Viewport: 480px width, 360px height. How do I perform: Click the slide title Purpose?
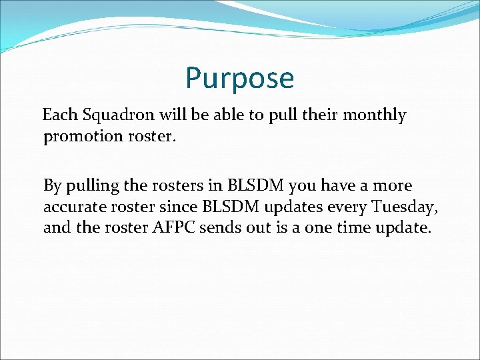pyautogui.click(x=239, y=78)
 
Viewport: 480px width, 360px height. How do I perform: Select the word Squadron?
pyautogui.click(x=111, y=115)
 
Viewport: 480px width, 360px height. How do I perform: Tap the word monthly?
pyautogui.click(x=374, y=115)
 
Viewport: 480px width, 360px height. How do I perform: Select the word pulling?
pyautogui.click(x=91, y=185)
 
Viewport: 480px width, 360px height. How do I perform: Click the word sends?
pyautogui.click(x=225, y=228)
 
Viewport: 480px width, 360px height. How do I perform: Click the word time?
pyautogui.click(x=345, y=228)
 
